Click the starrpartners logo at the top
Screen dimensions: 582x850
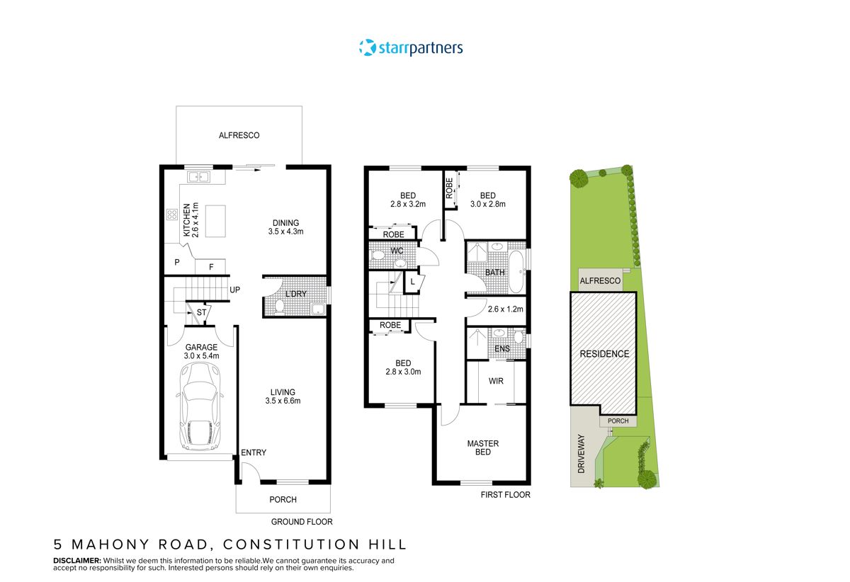411,48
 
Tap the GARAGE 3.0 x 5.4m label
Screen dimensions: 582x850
201,352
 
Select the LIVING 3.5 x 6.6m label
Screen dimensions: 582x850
283,396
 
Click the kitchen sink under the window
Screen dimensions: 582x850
196,177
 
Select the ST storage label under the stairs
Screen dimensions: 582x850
201,312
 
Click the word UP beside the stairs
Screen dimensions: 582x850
234,290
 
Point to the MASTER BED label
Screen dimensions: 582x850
482,448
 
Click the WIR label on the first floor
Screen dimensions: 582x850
496,381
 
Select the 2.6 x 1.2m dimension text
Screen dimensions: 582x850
505,309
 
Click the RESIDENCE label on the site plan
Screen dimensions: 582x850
604,354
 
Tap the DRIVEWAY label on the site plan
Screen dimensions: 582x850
582,453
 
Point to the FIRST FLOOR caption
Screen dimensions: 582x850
504,495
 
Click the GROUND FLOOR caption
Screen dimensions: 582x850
302,522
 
